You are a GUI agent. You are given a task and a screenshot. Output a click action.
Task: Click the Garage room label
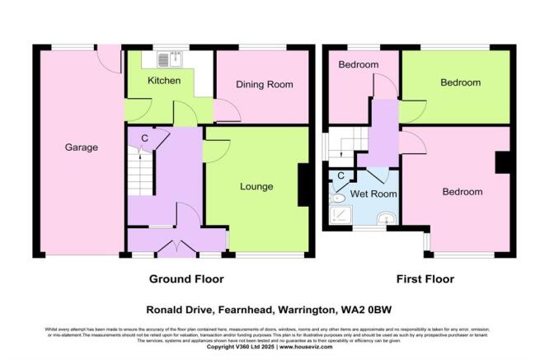tap(82, 148)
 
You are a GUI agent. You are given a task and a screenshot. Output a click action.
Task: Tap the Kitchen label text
tap(164, 81)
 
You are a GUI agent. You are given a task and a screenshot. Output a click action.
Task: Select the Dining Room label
tap(265, 85)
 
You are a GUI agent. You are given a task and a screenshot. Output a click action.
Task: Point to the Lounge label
tap(256, 187)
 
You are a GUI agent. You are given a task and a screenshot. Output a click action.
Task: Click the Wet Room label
tap(373, 194)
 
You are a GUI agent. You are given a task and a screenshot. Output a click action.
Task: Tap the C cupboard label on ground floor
tap(144, 138)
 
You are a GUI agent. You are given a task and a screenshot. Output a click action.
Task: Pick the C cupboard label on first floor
tap(340, 176)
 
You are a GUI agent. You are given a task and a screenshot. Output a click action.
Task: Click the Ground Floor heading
tap(186, 279)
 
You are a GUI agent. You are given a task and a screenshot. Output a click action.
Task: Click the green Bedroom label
tap(460, 83)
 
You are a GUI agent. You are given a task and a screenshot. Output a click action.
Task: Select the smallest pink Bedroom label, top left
tap(358, 65)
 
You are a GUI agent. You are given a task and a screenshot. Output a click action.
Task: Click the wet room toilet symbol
tap(338, 199)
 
